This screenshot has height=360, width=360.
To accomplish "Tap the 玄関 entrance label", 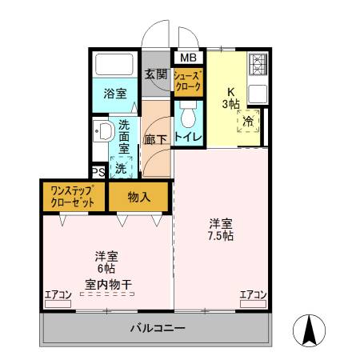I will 156,74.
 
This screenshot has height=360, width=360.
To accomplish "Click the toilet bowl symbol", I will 189,117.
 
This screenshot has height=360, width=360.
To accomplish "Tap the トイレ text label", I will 189,137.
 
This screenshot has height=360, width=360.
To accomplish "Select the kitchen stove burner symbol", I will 258,65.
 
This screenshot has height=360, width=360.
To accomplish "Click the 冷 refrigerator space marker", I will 249,122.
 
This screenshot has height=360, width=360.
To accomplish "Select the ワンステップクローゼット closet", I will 73,197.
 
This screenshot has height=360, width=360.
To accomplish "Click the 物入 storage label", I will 138,197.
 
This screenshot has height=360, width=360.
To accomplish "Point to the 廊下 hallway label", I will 155,138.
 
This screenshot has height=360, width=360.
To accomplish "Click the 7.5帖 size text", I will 222,236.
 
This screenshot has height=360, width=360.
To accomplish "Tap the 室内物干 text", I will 106,284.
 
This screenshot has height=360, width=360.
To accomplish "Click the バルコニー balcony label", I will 157,329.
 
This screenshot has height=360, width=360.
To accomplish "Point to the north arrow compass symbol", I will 308,330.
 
